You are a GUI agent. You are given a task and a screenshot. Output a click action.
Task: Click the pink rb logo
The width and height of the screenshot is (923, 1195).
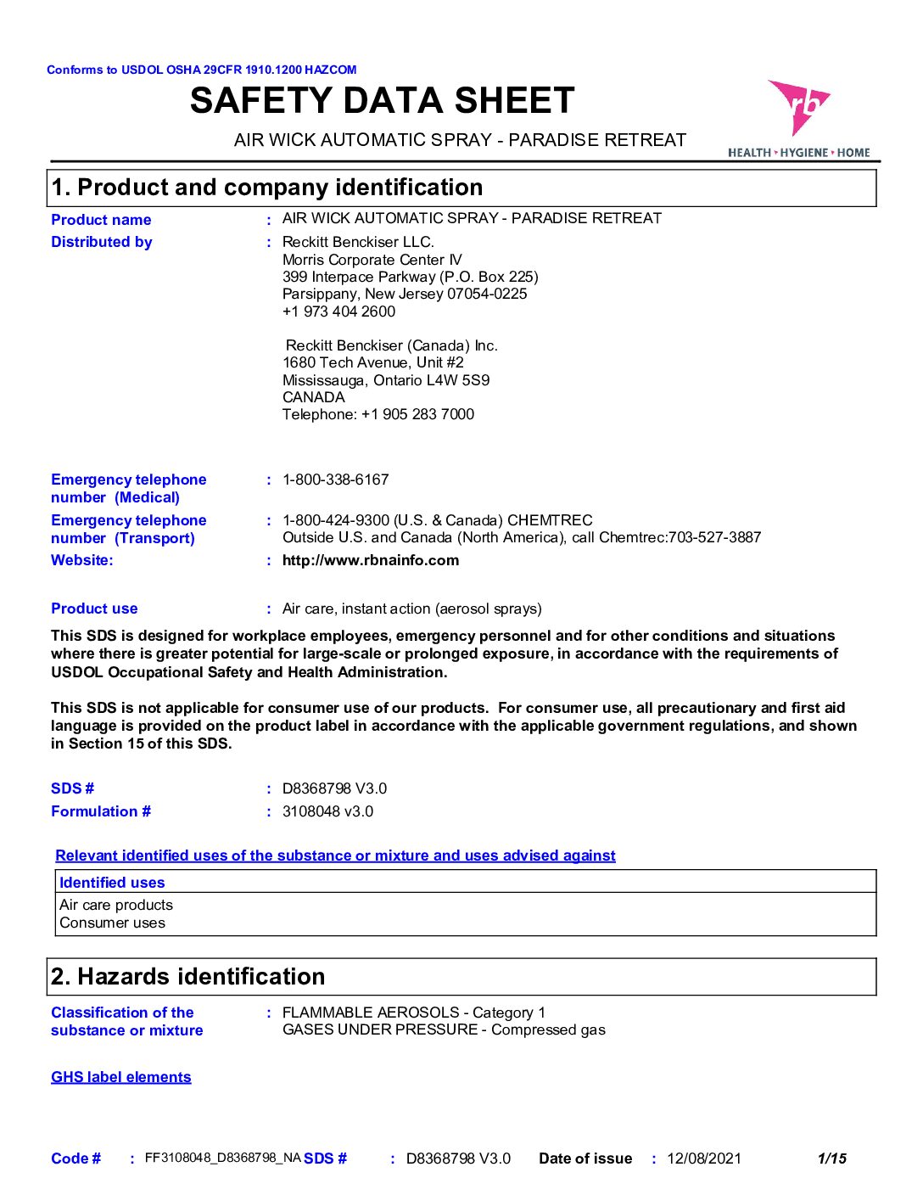pos(798,106)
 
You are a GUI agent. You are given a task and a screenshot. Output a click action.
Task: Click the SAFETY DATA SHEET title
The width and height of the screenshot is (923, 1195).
pos(383,101)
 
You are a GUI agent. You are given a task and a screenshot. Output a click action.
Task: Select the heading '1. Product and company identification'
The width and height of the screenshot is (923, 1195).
pos(267,188)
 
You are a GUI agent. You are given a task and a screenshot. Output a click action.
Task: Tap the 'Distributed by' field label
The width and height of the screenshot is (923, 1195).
pos(102,242)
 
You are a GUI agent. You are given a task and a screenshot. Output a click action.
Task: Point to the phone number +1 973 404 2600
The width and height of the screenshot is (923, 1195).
pos(338,311)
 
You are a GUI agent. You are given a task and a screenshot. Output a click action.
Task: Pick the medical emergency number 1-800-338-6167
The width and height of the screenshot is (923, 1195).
pos(335,480)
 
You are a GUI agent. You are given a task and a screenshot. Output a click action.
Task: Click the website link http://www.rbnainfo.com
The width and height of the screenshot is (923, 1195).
pos(371,560)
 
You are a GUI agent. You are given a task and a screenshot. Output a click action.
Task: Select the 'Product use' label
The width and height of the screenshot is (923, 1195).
pos(94,609)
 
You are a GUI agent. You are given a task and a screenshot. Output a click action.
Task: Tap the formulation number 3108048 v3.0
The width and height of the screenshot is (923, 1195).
pos(327,811)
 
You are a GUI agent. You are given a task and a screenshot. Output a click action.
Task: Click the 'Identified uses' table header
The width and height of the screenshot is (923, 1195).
pos(112,883)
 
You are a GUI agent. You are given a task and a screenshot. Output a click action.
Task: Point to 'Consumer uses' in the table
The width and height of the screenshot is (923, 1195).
pos(113,923)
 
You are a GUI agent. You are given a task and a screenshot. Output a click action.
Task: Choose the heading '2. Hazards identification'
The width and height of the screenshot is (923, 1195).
pos(188,977)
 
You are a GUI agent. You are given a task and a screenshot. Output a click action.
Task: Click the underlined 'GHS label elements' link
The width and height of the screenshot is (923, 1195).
pos(121,1077)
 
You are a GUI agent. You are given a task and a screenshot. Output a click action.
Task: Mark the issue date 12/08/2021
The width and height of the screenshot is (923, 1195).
pos(704,1159)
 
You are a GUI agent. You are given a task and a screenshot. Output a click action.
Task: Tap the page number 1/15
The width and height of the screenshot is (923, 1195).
pos(831,1159)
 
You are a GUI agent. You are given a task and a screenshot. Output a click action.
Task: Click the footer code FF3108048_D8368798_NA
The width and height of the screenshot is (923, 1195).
pos(223,1158)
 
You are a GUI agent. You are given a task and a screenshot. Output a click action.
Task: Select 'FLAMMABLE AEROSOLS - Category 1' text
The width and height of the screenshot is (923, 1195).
pos(414,1013)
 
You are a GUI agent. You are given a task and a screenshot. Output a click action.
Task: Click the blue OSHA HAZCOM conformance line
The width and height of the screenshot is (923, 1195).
pos(202,70)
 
